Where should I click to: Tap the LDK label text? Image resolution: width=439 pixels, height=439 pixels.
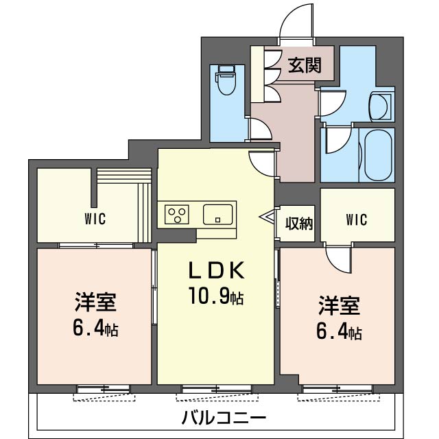click(x=217, y=271)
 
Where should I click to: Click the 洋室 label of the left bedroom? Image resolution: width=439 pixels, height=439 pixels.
click(x=95, y=302)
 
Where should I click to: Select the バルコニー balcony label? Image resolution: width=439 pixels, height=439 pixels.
click(x=224, y=417)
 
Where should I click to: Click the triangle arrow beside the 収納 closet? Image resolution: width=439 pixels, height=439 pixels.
click(x=267, y=218)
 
